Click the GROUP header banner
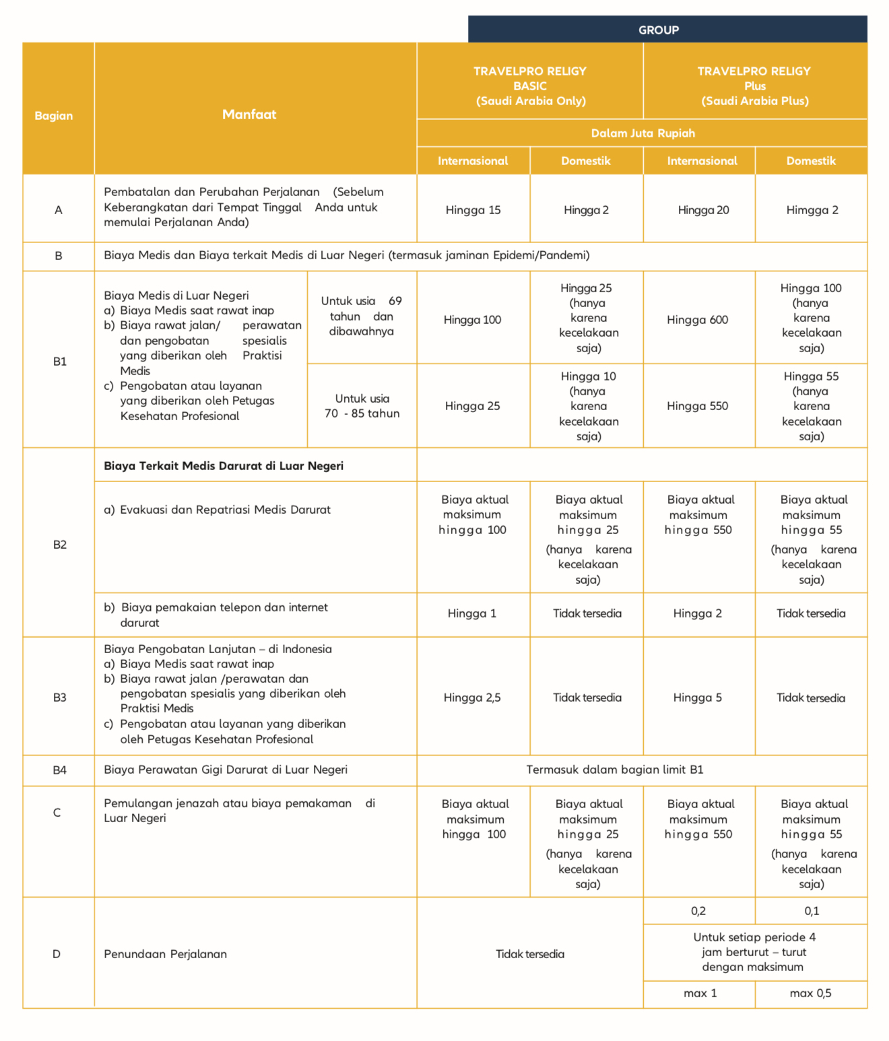coord(659,30)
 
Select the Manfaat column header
coord(249,114)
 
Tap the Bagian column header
coord(54,116)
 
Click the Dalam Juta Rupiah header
coord(643,133)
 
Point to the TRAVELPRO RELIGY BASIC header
coord(530,86)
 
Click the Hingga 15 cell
coord(473,210)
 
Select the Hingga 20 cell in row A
coord(703,210)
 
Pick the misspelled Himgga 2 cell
coord(812,210)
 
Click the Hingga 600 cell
coord(697,320)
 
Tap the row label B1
coord(60,362)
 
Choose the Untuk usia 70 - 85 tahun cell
coord(362,406)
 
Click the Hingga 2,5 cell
coord(472,698)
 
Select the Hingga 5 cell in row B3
coord(697,698)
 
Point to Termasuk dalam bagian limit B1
coord(614,770)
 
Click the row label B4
coord(60,770)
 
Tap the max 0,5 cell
coord(810,993)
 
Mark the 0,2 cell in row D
coord(698,911)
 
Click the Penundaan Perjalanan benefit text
coord(165,954)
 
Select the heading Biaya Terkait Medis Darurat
coord(224,466)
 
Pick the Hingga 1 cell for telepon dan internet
coord(471,613)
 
